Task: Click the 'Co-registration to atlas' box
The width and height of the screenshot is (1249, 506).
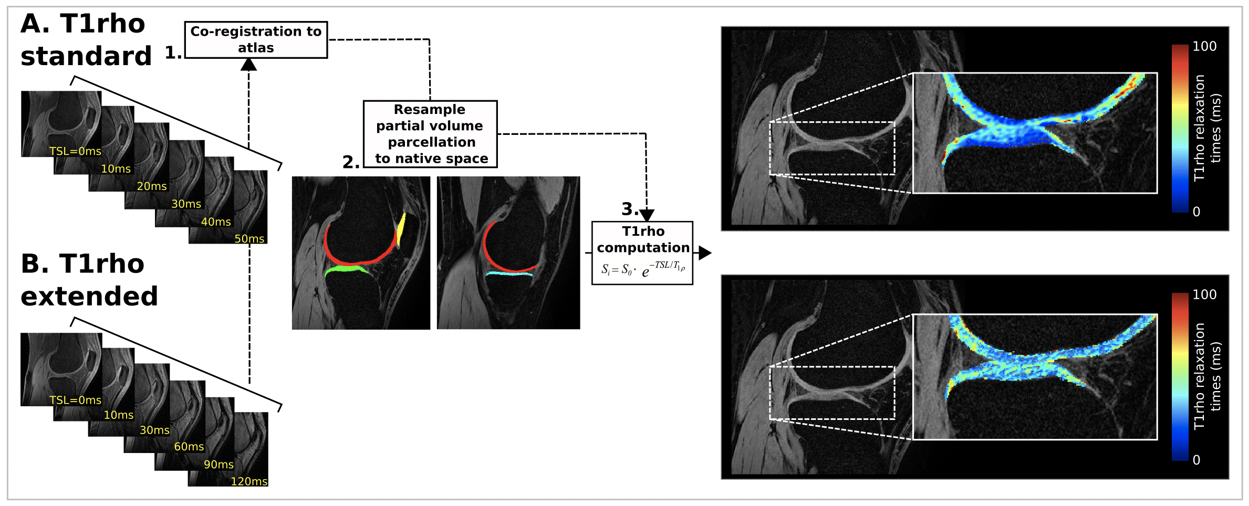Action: point(256,40)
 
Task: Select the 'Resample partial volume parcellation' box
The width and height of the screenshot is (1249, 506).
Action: point(430,134)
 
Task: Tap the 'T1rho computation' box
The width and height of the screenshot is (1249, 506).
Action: point(642,253)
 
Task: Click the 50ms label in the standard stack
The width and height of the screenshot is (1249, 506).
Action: point(249,239)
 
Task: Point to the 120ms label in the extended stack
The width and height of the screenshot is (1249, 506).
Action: point(249,481)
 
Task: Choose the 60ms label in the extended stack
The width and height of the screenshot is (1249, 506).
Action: point(189,447)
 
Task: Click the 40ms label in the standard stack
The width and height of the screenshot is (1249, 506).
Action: point(216,222)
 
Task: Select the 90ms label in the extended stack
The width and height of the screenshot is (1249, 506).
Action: point(219,465)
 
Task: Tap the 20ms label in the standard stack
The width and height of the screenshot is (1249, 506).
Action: point(152,186)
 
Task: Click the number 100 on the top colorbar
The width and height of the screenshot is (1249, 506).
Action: point(1204,47)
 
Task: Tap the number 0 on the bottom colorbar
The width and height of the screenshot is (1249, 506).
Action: point(1196,460)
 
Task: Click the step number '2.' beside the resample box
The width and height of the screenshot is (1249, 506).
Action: point(351,162)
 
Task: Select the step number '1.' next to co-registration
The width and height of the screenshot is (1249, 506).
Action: point(173,52)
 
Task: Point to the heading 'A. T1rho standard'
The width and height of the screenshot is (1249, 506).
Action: point(86,40)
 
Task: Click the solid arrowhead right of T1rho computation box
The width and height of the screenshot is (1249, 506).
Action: point(705,253)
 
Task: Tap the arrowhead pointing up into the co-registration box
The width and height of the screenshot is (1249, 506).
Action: point(248,65)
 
